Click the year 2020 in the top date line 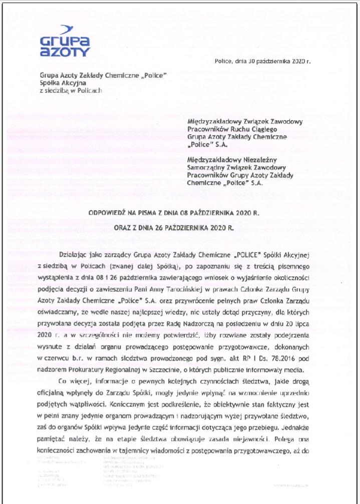(x=299, y=62)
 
